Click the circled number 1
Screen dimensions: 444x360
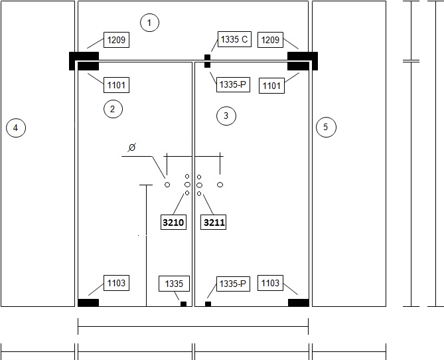click(x=149, y=23)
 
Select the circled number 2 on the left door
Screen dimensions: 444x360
click(x=113, y=109)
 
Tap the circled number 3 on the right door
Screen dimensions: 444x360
click(x=226, y=116)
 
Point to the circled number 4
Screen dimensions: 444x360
click(x=16, y=128)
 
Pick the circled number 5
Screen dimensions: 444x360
click(x=326, y=127)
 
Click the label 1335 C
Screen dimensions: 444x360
click(x=234, y=39)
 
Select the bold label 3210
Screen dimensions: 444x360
click(x=173, y=223)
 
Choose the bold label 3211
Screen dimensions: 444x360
click(x=214, y=223)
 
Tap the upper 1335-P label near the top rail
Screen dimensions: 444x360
click(x=233, y=84)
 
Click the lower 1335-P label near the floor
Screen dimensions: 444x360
click(x=233, y=284)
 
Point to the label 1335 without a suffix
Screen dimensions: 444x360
click(x=174, y=284)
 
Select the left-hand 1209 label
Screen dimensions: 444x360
click(x=116, y=40)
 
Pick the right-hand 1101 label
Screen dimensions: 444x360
click(x=271, y=85)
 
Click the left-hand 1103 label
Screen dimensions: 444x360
click(x=116, y=283)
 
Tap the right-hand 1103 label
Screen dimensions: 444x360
click(x=270, y=283)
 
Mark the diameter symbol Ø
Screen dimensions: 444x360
click(x=132, y=147)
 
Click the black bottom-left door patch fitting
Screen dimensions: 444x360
click(x=88, y=303)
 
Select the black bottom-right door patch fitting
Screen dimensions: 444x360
click(x=299, y=303)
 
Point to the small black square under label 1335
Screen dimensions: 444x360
click(x=183, y=304)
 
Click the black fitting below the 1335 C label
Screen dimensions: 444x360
click(x=207, y=61)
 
